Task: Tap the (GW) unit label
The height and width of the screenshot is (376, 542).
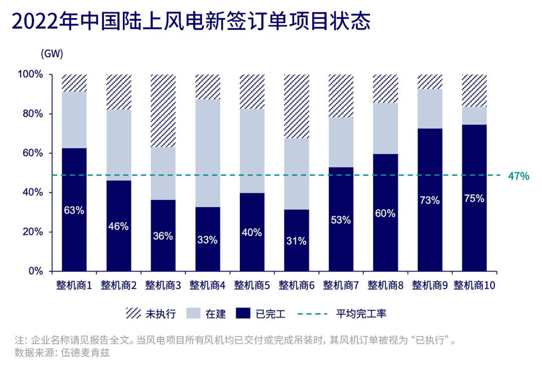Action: [52, 53]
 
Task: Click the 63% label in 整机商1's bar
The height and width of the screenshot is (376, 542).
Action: [74, 210]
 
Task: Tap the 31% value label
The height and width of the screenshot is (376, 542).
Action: [296, 241]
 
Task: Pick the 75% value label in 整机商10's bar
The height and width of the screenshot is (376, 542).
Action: [474, 198]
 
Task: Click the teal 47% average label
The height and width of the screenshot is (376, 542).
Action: [518, 175]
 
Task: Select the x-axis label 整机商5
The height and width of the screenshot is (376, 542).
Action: [252, 285]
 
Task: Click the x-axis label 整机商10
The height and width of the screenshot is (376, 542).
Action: [474, 285]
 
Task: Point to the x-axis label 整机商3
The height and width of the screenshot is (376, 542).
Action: [163, 285]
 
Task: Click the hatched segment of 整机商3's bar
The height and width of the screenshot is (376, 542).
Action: [163, 110]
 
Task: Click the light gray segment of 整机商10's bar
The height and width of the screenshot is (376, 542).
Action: [474, 115]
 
